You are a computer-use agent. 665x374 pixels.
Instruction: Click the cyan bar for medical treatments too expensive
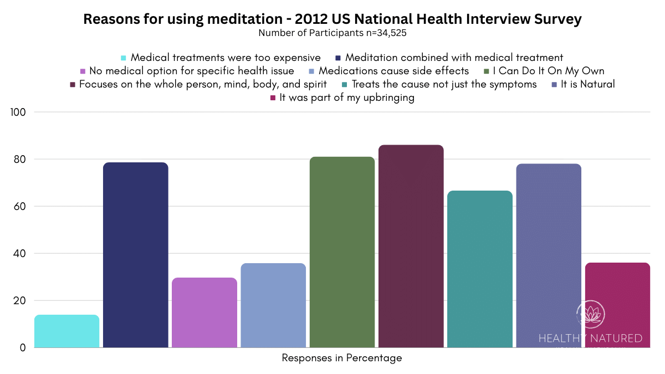click(66, 331)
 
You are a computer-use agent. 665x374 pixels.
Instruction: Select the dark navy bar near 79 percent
click(136, 255)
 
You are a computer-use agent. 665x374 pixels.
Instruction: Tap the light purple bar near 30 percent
click(204, 313)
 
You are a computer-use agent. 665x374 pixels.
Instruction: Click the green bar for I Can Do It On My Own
click(342, 252)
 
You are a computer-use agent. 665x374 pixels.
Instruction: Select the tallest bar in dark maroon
click(411, 247)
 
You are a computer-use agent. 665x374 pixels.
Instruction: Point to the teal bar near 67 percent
click(480, 269)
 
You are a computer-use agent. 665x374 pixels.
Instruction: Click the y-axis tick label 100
click(19, 112)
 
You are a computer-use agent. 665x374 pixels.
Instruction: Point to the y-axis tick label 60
click(21, 207)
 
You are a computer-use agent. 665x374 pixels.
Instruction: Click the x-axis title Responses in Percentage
click(342, 358)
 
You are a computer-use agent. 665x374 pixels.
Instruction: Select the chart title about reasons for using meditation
click(332, 19)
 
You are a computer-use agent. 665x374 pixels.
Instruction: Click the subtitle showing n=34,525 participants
click(332, 33)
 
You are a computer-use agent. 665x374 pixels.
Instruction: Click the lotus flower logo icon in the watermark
click(590, 315)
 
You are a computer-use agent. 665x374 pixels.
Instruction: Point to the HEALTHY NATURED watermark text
click(590, 339)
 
